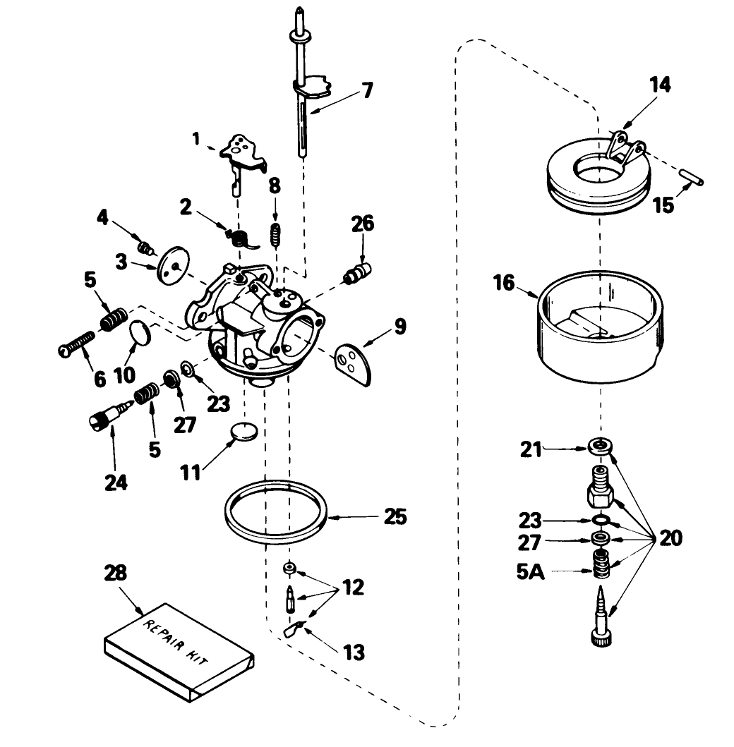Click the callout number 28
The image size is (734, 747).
coord(116,573)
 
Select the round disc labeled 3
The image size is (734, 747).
coord(172,260)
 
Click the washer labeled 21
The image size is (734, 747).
coord(600,446)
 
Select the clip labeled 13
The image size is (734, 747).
coord(295,628)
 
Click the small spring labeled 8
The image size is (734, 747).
coord(276,233)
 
